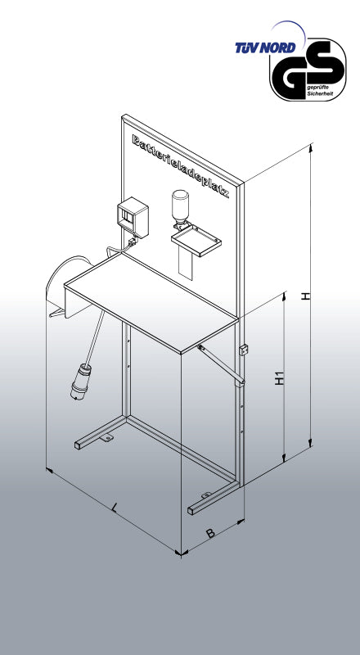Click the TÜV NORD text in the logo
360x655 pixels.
(x=265, y=47)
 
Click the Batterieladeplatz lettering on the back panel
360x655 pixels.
(x=181, y=166)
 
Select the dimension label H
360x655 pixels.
(x=306, y=296)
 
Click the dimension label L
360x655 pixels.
(x=115, y=508)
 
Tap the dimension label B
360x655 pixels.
(x=211, y=534)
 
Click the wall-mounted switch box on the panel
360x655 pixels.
(x=133, y=217)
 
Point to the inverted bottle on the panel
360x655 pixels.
(x=180, y=208)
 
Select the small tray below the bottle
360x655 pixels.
(x=196, y=240)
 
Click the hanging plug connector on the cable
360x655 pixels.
(x=81, y=382)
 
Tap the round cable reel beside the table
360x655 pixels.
(x=67, y=283)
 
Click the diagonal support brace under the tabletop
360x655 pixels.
(x=222, y=364)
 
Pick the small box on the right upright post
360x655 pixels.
(x=242, y=350)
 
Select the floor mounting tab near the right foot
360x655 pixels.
(x=206, y=495)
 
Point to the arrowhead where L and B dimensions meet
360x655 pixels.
(x=181, y=554)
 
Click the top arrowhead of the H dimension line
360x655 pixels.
(x=310, y=148)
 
